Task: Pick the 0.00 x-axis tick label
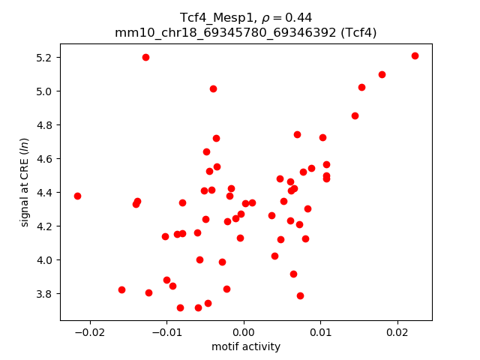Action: click(244, 331)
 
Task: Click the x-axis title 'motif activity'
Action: click(246, 346)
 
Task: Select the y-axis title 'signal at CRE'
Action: click(25, 181)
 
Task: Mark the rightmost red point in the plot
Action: click(415, 55)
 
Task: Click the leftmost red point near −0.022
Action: click(77, 196)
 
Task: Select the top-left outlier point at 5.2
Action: click(145, 57)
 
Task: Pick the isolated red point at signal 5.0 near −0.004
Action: click(213, 88)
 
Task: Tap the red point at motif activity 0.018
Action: click(382, 74)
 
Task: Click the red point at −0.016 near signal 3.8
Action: click(121, 289)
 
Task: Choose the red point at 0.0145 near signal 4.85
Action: click(355, 115)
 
